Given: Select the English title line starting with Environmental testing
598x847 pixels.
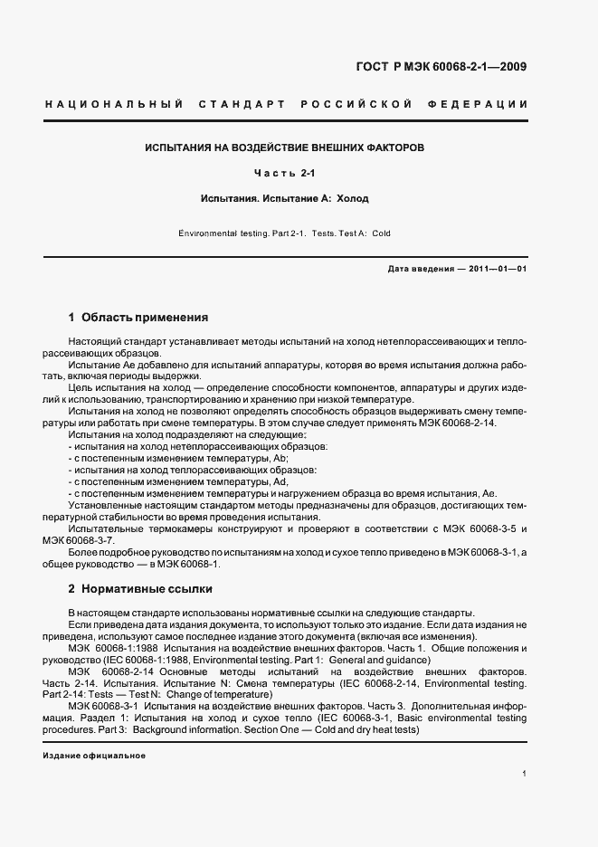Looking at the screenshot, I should click(x=284, y=233).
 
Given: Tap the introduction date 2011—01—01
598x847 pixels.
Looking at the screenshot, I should click(x=498, y=269).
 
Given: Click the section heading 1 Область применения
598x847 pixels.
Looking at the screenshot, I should click(x=138, y=318).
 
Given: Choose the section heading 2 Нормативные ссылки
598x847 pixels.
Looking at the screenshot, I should click(x=140, y=589).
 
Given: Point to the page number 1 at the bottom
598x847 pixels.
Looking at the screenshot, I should click(x=524, y=774).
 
